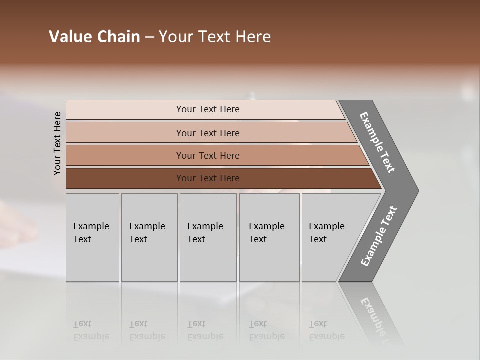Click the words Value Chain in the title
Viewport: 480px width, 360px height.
tap(94, 37)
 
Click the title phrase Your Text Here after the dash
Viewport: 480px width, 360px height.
tap(215, 37)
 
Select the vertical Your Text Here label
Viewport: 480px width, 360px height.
tap(57, 143)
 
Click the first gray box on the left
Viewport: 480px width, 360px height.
tap(92, 237)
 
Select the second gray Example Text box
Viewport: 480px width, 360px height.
tap(149, 237)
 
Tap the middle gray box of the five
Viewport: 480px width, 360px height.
tap(208, 237)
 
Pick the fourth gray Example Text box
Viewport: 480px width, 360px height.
tap(269, 237)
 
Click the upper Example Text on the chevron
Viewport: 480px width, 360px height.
tap(377, 142)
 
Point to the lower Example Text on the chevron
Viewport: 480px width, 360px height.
tap(379, 236)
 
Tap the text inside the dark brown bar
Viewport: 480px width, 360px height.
tap(208, 178)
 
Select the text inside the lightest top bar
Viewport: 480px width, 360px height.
tap(208, 109)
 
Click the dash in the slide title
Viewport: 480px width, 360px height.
tap(149, 37)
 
